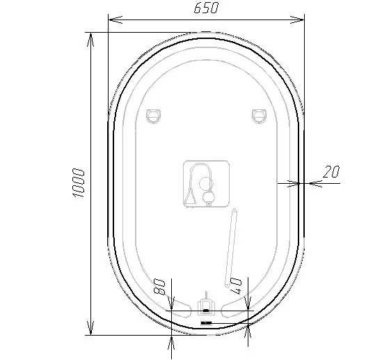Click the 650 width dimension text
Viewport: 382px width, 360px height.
click(207, 8)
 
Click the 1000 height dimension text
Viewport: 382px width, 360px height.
click(79, 182)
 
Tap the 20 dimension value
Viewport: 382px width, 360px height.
click(331, 171)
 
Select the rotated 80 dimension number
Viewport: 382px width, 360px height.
click(159, 286)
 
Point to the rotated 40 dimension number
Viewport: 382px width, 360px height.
click(236, 285)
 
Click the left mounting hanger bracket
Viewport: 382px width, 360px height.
click(154, 116)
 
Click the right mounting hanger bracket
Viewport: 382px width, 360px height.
click(260, 116)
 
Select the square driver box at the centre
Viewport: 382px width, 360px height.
click(206, 184)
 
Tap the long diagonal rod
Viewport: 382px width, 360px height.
click(231, 247)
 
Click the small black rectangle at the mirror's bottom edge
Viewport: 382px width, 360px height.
click(206, 323)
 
